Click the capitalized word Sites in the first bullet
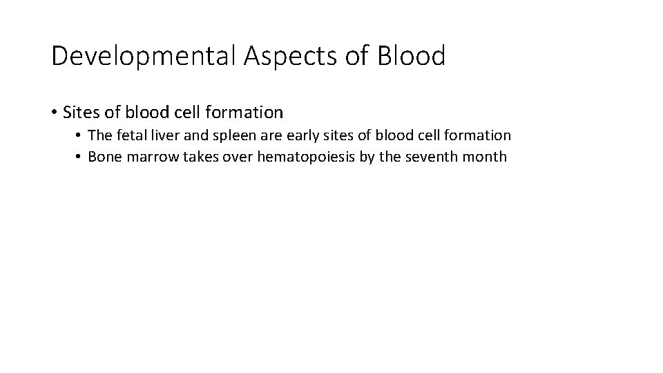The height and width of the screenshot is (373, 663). pyautogui.click(x=81, y=111)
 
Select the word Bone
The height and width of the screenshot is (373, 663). pyautogui.click(x=104, y=157)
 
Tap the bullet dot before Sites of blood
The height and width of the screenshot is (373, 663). pyautogui.click(x=54, y=112)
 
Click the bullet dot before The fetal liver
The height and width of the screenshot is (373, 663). pyautogui.click(x=79, y=136)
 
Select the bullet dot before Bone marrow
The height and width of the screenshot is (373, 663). pyautogui.click(x=79, y=157)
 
